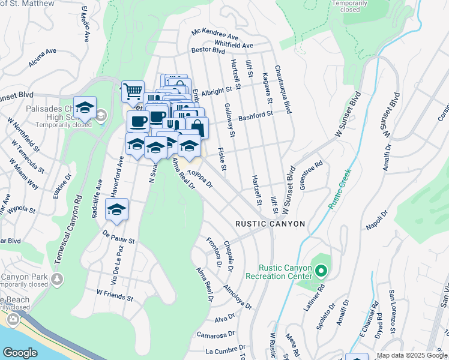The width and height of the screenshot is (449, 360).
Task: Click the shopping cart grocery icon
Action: (133, 92)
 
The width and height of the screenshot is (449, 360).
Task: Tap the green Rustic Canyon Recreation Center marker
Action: (321, 272)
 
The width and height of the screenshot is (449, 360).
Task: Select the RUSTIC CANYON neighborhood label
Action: (270, 224)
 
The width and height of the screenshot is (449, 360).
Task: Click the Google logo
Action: (20, 353)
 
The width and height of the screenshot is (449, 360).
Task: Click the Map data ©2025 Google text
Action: (411, 355)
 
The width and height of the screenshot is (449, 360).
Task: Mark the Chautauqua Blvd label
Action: (283, 90)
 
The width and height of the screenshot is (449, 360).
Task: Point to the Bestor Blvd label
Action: (208, 50)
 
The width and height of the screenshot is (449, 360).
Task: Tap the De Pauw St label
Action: (118, 238)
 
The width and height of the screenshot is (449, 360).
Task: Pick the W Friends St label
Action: (115, 295)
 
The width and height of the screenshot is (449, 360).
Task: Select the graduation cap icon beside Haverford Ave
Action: (117, 210)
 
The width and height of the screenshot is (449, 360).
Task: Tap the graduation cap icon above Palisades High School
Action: (85, 108)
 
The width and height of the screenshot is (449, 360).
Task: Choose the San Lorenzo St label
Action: (392, 312)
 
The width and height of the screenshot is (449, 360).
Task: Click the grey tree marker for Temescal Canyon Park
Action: (56, 279)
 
